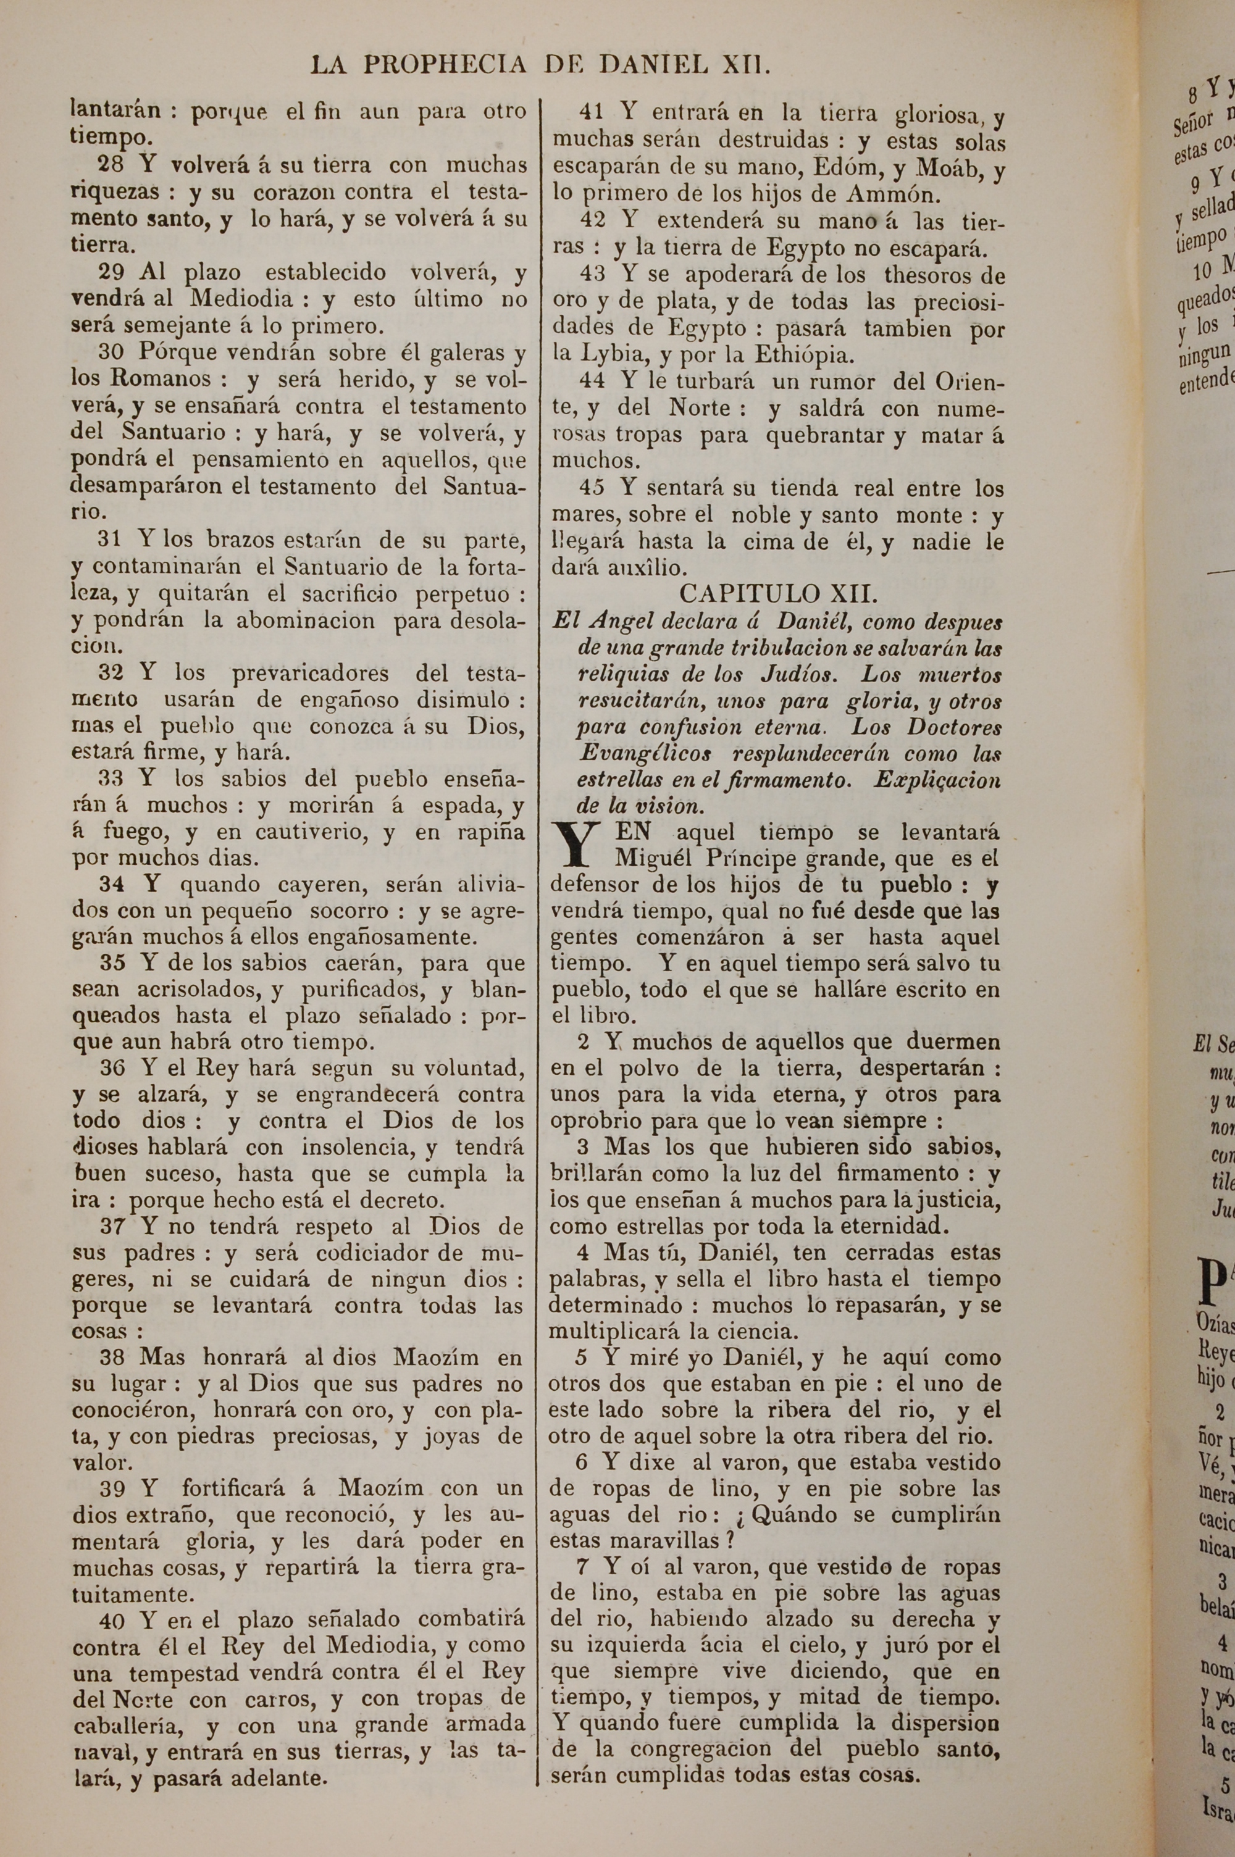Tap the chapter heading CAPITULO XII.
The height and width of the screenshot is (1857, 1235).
[x=778, y=592]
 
